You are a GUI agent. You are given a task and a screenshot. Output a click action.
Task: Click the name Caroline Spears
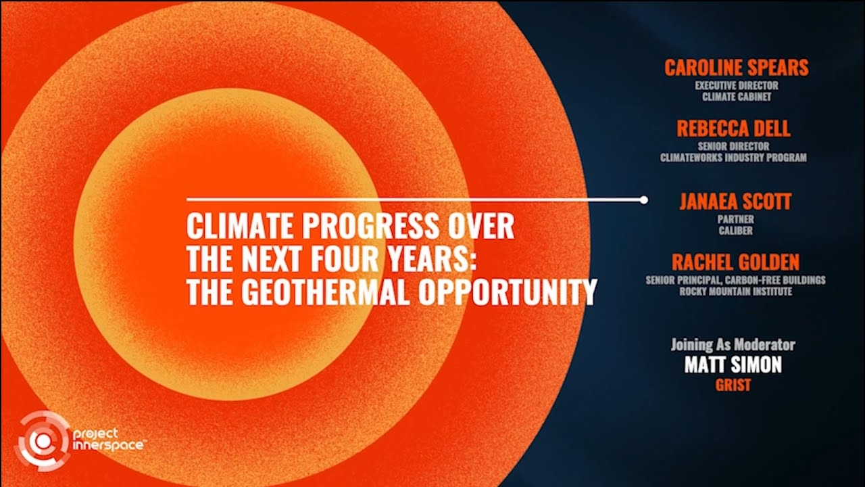[737, 68]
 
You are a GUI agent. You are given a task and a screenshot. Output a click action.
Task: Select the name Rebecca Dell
[733, 129]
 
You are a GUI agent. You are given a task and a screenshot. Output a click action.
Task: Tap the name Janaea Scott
[735, 202]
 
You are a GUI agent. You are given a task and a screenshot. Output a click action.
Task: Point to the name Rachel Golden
[736, 262]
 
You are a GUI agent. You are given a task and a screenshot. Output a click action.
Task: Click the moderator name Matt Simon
[733, 365]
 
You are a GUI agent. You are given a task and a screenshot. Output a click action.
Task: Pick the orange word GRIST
[733, 385]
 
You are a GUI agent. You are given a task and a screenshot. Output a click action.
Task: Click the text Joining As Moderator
[733, 345]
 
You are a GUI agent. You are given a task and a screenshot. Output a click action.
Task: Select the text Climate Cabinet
[737, 97]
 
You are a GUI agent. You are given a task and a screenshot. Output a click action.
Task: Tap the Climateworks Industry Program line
[733, 158]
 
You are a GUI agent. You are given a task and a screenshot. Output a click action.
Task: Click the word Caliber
[736, 231]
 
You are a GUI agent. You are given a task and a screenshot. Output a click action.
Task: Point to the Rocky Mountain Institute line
[736, 292]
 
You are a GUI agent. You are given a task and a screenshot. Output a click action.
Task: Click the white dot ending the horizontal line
[644, 200]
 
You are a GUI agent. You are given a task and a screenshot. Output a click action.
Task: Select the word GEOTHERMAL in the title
[324, 292]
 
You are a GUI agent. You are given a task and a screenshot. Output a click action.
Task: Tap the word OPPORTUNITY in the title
[508, 292]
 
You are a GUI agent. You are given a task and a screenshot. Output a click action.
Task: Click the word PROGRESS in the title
[370, 226]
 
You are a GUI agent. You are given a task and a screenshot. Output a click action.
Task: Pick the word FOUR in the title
[345, 258]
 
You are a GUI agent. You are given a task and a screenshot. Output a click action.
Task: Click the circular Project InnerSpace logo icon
[43, 441]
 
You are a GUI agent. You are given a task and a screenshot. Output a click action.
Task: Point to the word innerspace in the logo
[108, 445]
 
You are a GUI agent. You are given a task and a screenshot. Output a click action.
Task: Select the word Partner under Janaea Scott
[736, 219]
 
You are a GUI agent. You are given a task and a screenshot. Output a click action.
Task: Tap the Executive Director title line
[737, 85]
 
